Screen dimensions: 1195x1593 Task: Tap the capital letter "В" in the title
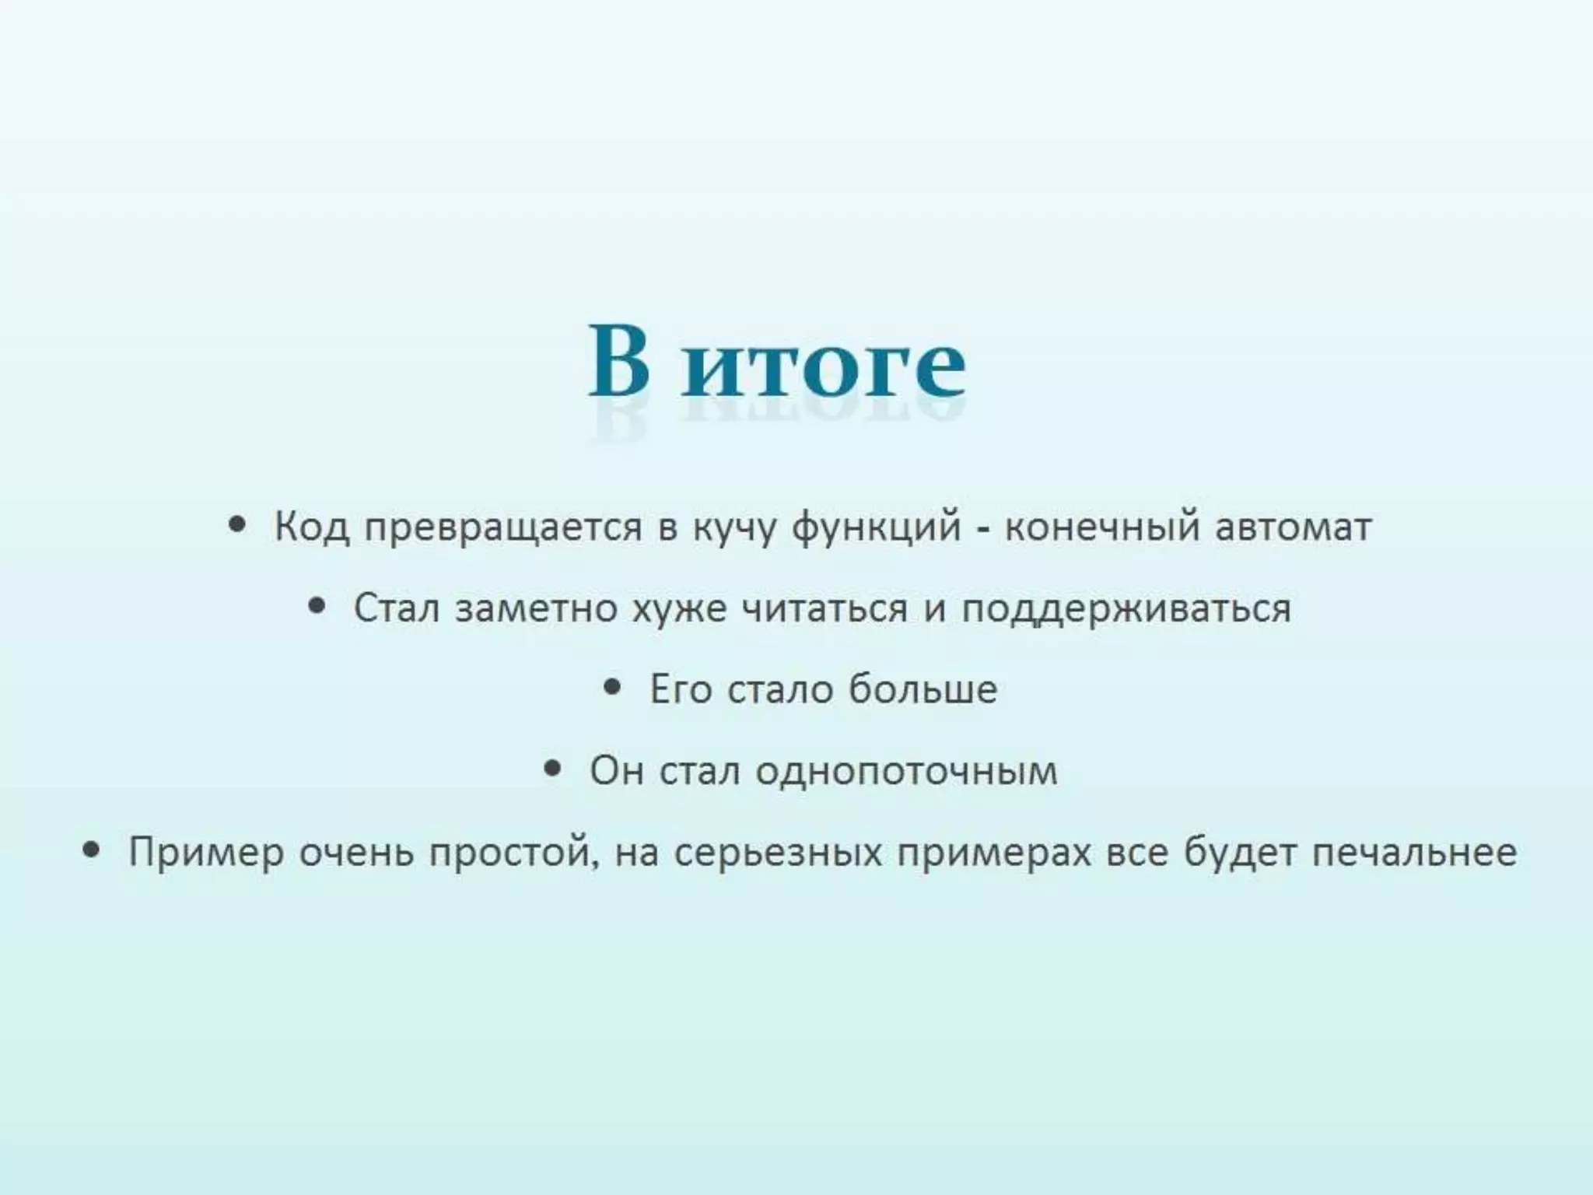(x=618, y=362)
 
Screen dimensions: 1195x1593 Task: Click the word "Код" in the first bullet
(x=311, y=527)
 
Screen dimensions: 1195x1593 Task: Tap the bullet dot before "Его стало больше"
(x=613, y=686)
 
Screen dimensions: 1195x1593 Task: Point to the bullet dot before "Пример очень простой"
(x=92, y=850)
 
